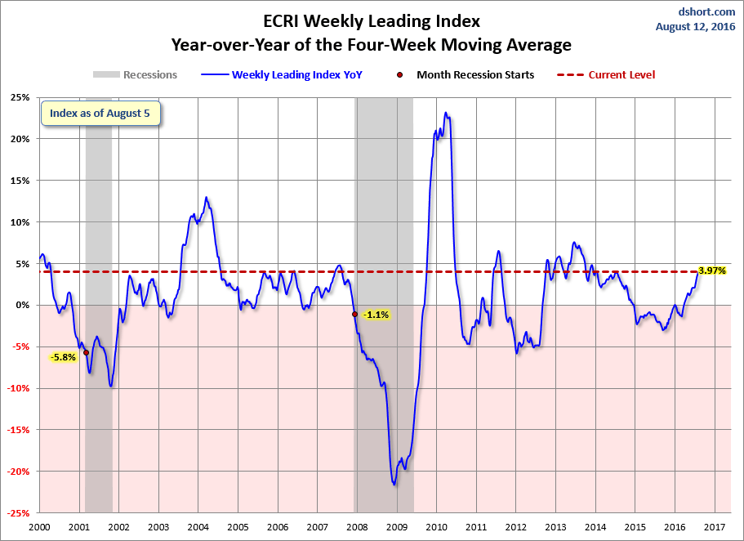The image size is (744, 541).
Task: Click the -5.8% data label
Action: point(63,357)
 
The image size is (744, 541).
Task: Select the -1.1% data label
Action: point(376,315)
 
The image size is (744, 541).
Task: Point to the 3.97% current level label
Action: point(712,270)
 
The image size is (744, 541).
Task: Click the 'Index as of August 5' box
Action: point(100,114)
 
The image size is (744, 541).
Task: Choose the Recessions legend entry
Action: point(135,75)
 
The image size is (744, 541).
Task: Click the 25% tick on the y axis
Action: point(19,97)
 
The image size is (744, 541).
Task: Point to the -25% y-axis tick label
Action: point(17,513)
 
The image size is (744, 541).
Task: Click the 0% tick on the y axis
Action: point(21,305)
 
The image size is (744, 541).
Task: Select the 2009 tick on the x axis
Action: point(397,527)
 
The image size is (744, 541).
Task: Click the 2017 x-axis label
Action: point(715,527)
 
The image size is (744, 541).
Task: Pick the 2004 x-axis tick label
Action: point(198,527)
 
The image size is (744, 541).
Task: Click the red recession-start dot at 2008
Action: point(354,314)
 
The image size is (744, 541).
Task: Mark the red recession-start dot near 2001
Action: point(86,353)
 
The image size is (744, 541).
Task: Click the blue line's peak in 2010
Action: point(446,113)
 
